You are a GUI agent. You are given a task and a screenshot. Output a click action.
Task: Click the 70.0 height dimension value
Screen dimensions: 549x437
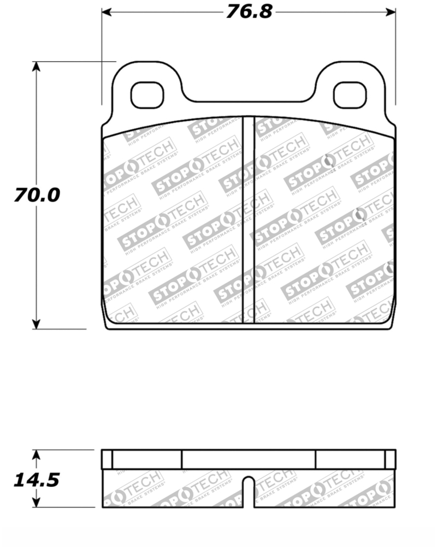coord(37,195)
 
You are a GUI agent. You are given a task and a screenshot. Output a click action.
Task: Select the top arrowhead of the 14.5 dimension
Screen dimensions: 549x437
coord(36,453)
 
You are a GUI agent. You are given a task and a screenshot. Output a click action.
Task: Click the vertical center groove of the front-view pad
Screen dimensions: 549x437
coord(249,218)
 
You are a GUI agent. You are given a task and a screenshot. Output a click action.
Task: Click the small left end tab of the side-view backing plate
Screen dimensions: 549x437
coord(107,460)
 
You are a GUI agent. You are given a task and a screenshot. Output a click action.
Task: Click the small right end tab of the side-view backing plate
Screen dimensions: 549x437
coord(389,460)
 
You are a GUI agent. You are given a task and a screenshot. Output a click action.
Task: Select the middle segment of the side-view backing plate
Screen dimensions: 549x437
coord(249,460)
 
